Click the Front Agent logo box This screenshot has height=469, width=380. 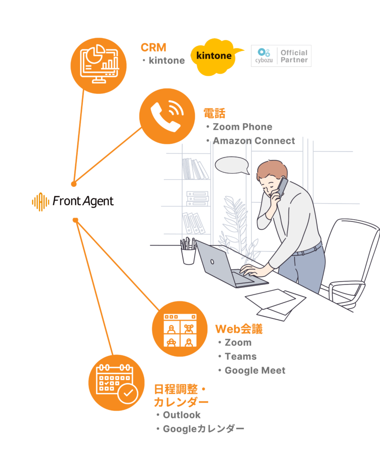tap(73, 202)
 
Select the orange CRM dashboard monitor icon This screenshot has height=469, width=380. tap(98, 65)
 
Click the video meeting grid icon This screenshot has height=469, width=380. tap(179, 329)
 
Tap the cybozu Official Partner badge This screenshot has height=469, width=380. tap(281, 56)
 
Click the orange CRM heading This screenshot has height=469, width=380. tap(153, 47)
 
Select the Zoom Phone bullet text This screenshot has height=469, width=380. tap(242, 127)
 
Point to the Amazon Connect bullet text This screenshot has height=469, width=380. tap(254, 141)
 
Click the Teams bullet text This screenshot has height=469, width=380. tap(240, 356)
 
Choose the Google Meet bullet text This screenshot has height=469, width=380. tap(255, 370)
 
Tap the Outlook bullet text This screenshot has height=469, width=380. tap(182, 415)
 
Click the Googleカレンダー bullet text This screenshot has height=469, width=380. tap(203, 429)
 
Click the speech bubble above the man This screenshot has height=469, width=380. tap(232, 165)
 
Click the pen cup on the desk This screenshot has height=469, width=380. tap(188, 253)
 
